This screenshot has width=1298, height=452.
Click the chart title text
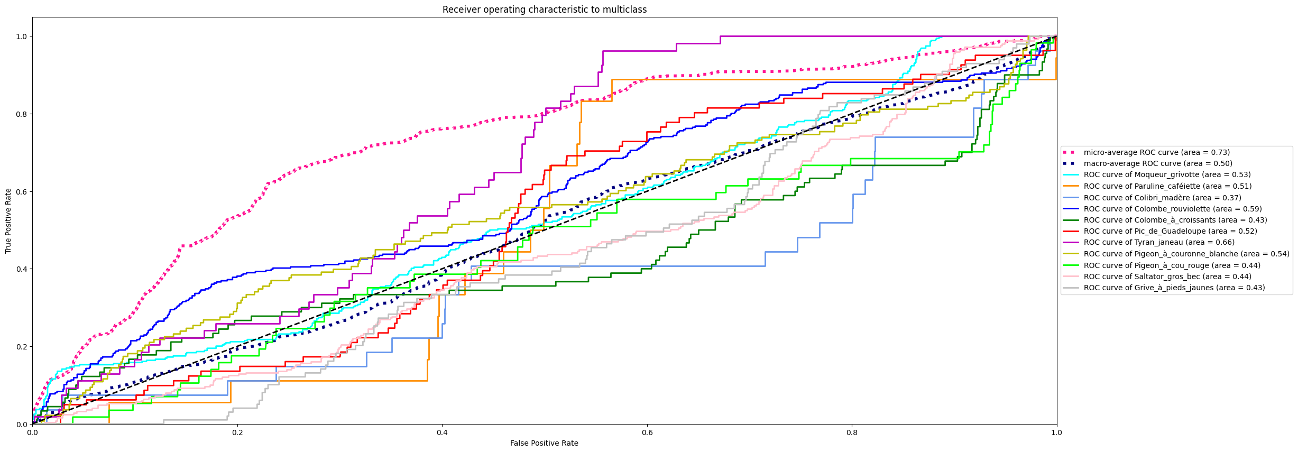click(544, 10)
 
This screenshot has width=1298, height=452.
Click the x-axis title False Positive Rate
click(544, 443)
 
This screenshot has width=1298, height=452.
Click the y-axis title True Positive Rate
click(8, 221)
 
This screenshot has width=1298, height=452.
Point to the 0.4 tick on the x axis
click(442, 432)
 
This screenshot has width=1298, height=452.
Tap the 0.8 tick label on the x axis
click(852, 432)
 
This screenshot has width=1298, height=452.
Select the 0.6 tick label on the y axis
click(21, 191)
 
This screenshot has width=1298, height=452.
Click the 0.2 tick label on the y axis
click(21, 347)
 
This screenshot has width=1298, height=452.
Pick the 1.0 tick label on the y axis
click(21, 36)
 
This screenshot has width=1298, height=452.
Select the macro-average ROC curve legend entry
click(1157, 163)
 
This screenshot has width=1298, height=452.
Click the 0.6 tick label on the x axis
click(647, 432)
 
